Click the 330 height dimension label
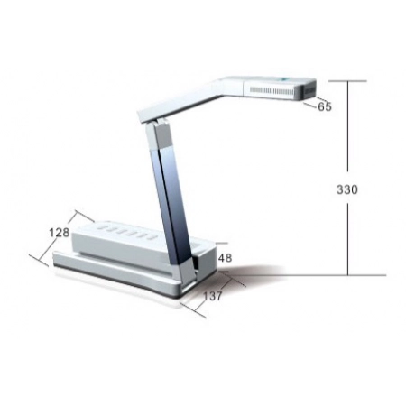coord(347,189)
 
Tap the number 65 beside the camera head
coord(325,106)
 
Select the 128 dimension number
coord(60,233)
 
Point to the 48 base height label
coord(225,258)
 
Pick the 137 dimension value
coord(213,296)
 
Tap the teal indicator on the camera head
coord(284,79)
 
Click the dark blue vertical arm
coord(172,205)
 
